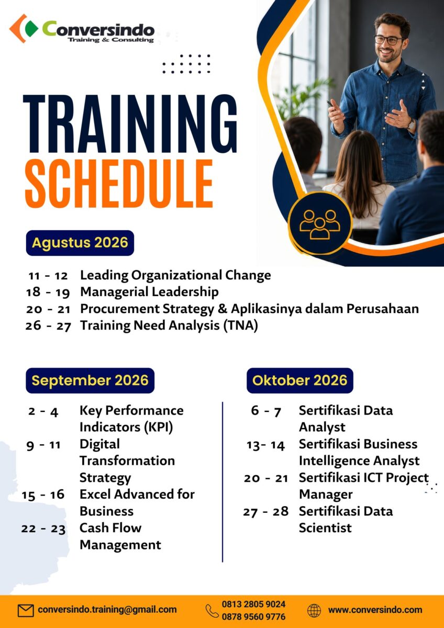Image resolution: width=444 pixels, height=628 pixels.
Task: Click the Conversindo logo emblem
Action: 24,28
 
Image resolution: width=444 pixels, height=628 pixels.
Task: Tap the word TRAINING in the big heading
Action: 130,124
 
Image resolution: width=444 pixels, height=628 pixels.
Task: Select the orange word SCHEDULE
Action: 119,184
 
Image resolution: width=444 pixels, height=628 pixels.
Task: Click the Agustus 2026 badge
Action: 80,243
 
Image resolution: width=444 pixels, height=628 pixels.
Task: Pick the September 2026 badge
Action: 90,380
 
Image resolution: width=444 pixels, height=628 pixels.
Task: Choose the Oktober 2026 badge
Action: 300,380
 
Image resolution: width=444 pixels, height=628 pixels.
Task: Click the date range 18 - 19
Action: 48,293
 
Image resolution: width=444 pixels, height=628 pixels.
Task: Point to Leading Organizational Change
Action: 175,275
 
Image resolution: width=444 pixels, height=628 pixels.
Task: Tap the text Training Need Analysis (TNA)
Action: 169,326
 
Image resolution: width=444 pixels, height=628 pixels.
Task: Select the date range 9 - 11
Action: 43,445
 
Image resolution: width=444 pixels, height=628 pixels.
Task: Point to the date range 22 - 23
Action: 43,529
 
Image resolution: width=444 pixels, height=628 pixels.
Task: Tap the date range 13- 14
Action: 265,445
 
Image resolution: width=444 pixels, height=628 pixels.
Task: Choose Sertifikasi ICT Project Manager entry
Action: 364,486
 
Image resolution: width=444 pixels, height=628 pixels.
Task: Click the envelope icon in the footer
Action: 26,610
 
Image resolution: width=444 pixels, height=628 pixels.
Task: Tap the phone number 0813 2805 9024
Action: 253,604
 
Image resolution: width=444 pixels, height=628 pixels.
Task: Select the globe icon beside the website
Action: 314,610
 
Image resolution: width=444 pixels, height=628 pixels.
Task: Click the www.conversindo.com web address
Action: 375,610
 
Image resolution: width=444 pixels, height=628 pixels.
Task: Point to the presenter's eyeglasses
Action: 389,40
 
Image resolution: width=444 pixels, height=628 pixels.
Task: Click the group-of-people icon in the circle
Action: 320,225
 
